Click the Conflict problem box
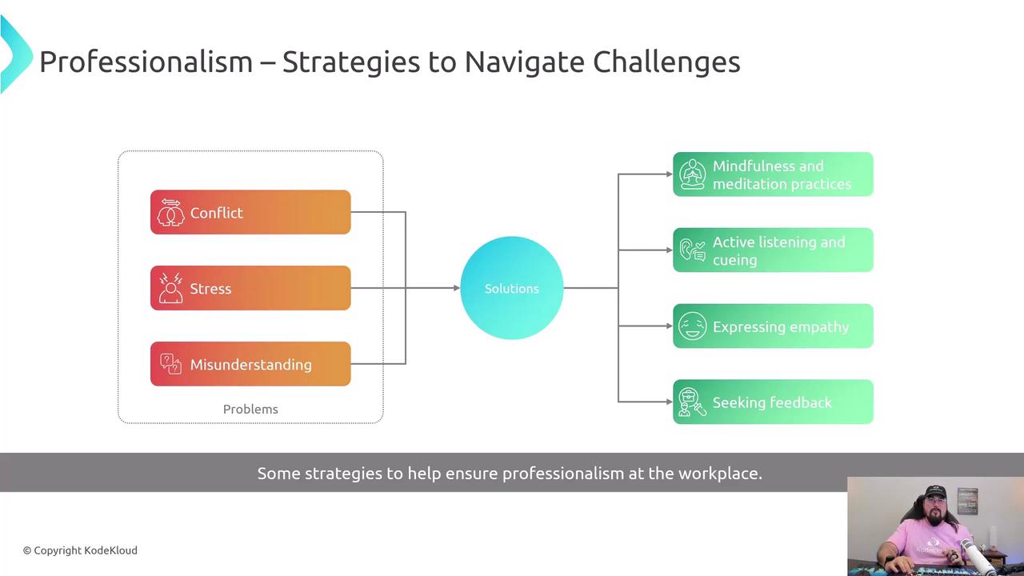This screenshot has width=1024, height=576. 250,212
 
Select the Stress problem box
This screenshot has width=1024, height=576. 250,288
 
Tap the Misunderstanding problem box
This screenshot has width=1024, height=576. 250,364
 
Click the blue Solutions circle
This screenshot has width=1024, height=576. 512,288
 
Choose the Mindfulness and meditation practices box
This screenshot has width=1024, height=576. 773,174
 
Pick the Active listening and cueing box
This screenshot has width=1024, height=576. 773,250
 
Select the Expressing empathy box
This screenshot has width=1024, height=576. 773,326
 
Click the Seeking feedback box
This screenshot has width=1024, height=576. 773,402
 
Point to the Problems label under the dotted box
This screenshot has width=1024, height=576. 250,409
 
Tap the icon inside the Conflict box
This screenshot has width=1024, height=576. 170,213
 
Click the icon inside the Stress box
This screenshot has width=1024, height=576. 170,289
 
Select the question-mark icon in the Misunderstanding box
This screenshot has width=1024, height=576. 170,364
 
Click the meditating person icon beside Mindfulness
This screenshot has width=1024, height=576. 692,174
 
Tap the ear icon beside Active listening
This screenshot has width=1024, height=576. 692,250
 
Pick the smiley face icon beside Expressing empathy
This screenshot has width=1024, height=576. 692,326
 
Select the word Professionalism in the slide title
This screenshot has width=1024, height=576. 146,62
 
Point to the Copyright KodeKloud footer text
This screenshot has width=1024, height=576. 80,550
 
